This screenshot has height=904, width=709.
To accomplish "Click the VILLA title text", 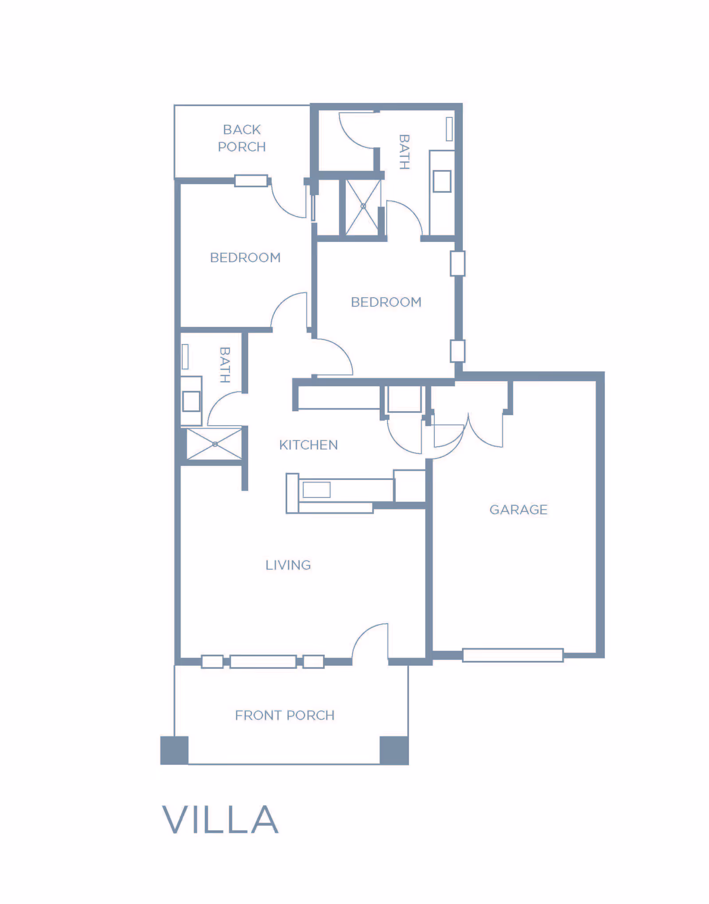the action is tap(220, 819).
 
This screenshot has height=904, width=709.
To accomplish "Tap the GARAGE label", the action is tap(518, 510).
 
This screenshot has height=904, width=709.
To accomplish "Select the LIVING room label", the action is tap(288, 565).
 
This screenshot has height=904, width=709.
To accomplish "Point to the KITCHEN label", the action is tap(308, 445).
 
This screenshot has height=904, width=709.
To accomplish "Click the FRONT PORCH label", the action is tap(284, 715).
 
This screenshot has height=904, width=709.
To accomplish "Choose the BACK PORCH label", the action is tap(242, 138).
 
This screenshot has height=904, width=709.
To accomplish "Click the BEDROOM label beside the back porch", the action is tap(245, 257).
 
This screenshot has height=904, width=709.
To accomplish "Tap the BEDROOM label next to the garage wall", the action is tap(386, 302).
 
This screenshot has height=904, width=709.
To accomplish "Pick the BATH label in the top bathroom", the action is tap(404, 152).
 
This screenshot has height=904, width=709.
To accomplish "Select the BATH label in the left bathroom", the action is tap(225, 365).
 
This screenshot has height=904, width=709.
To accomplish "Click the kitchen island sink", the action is tap(316, 490).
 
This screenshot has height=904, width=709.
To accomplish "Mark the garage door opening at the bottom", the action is tap(513, 655).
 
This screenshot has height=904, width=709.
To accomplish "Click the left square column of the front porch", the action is tap(174, 750).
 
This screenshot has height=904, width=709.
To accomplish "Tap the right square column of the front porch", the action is tap(394, 750).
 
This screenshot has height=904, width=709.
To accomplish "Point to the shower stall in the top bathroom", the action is tap(363, 207).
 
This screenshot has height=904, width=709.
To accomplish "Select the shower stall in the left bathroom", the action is tap(214, 444).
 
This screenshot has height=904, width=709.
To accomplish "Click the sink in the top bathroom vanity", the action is tap(442, 181).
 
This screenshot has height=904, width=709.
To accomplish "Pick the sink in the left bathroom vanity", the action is tap(191, 401).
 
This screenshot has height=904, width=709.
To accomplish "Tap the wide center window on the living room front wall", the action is tap(263, 662).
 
